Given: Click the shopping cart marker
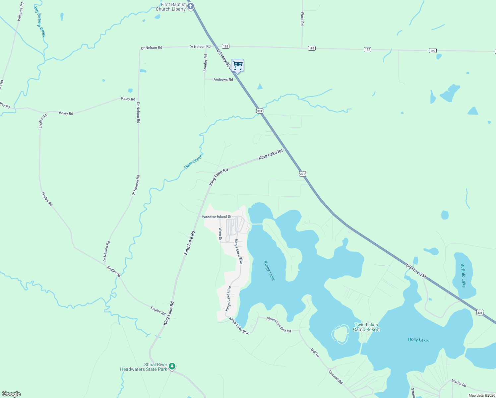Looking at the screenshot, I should coord(237,66).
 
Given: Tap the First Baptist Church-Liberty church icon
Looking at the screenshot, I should coord(191,7).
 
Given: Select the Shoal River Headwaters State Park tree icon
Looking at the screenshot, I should coord(172,366).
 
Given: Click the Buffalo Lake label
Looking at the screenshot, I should coord(463,275).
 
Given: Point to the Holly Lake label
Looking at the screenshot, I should coord(418,340).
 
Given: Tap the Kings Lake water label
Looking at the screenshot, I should coord(269,270).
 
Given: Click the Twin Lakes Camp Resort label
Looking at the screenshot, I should coord(366,327).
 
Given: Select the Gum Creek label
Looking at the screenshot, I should coord(193,162).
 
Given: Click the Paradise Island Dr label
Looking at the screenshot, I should coord(217,217).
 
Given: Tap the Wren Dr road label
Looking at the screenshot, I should coord(220,234).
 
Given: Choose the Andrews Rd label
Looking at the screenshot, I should coord(223,80).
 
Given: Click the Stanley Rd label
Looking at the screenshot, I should coord(205,63).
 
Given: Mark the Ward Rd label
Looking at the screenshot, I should coord(302,19).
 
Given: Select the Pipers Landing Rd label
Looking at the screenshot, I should coord(279,325).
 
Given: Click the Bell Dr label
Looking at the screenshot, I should coord(315,353).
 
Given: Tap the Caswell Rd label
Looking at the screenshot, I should coord(335,377).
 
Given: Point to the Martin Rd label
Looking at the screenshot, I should coord(459,383).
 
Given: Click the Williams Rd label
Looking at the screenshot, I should coord(21,12).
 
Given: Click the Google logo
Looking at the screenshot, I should coord(11,394).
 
